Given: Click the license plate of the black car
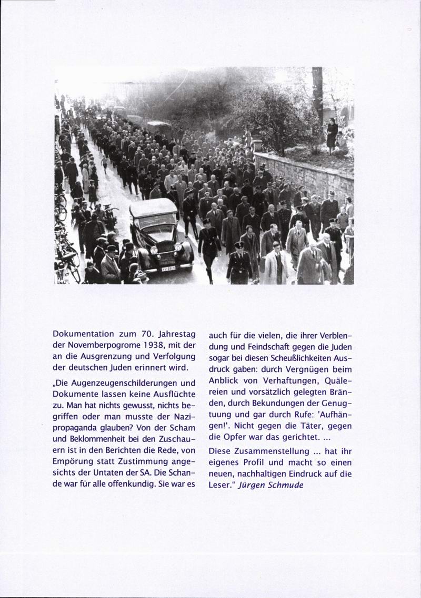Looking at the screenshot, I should click(x=168, y=268).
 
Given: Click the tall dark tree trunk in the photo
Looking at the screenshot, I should click(x=317, y=95).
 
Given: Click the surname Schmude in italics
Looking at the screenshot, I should click(x=287, y=485).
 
